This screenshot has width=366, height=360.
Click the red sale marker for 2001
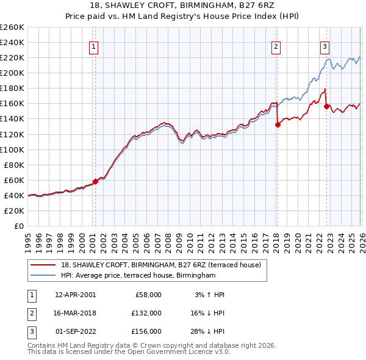pyautogui.click(x=95, y=181)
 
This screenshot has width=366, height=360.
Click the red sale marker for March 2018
pyautogui.click(x=278, y=124)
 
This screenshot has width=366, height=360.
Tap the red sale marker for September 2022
pyautogui.click(x=326, y=106)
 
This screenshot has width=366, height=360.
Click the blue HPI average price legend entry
pyautogui.click(x=138, y=276)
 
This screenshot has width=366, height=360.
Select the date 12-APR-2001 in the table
pyautogui.click(x=75, y=295)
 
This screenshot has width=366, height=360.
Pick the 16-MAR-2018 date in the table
pyautogui.click(x=75, y=313)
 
